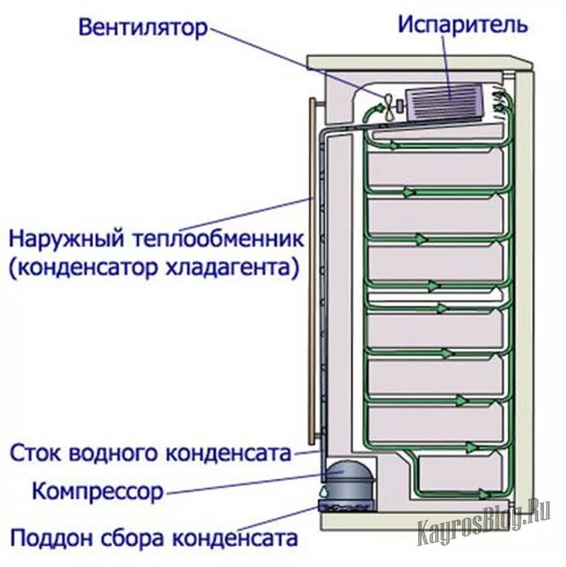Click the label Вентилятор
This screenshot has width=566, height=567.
coord(143,28)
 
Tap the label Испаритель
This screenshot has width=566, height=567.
coord(462,25)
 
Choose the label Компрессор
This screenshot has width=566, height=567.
coord(98,489)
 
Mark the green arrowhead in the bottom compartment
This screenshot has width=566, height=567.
coord(484,493)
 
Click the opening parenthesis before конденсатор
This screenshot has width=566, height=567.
coord(14,269)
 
